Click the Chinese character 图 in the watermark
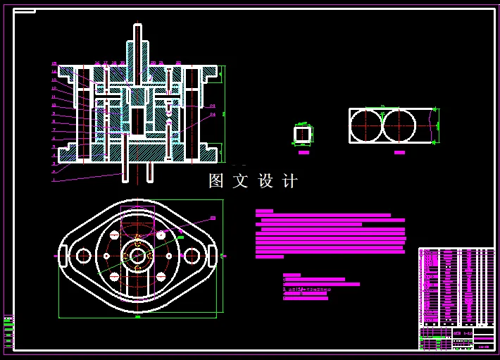pos(215,181)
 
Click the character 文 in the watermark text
pos(240,181)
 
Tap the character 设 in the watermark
pos(265,181)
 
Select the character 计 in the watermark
pos(290,181)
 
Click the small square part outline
pos(303,133)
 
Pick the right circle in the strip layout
pos(399,125)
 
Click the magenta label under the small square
pos(304,152)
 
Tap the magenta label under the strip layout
pos(399,152)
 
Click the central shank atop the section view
pos(137,42)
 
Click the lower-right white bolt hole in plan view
pos(161,277)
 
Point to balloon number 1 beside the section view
pos(53,180)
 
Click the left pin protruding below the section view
pos(126,173)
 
